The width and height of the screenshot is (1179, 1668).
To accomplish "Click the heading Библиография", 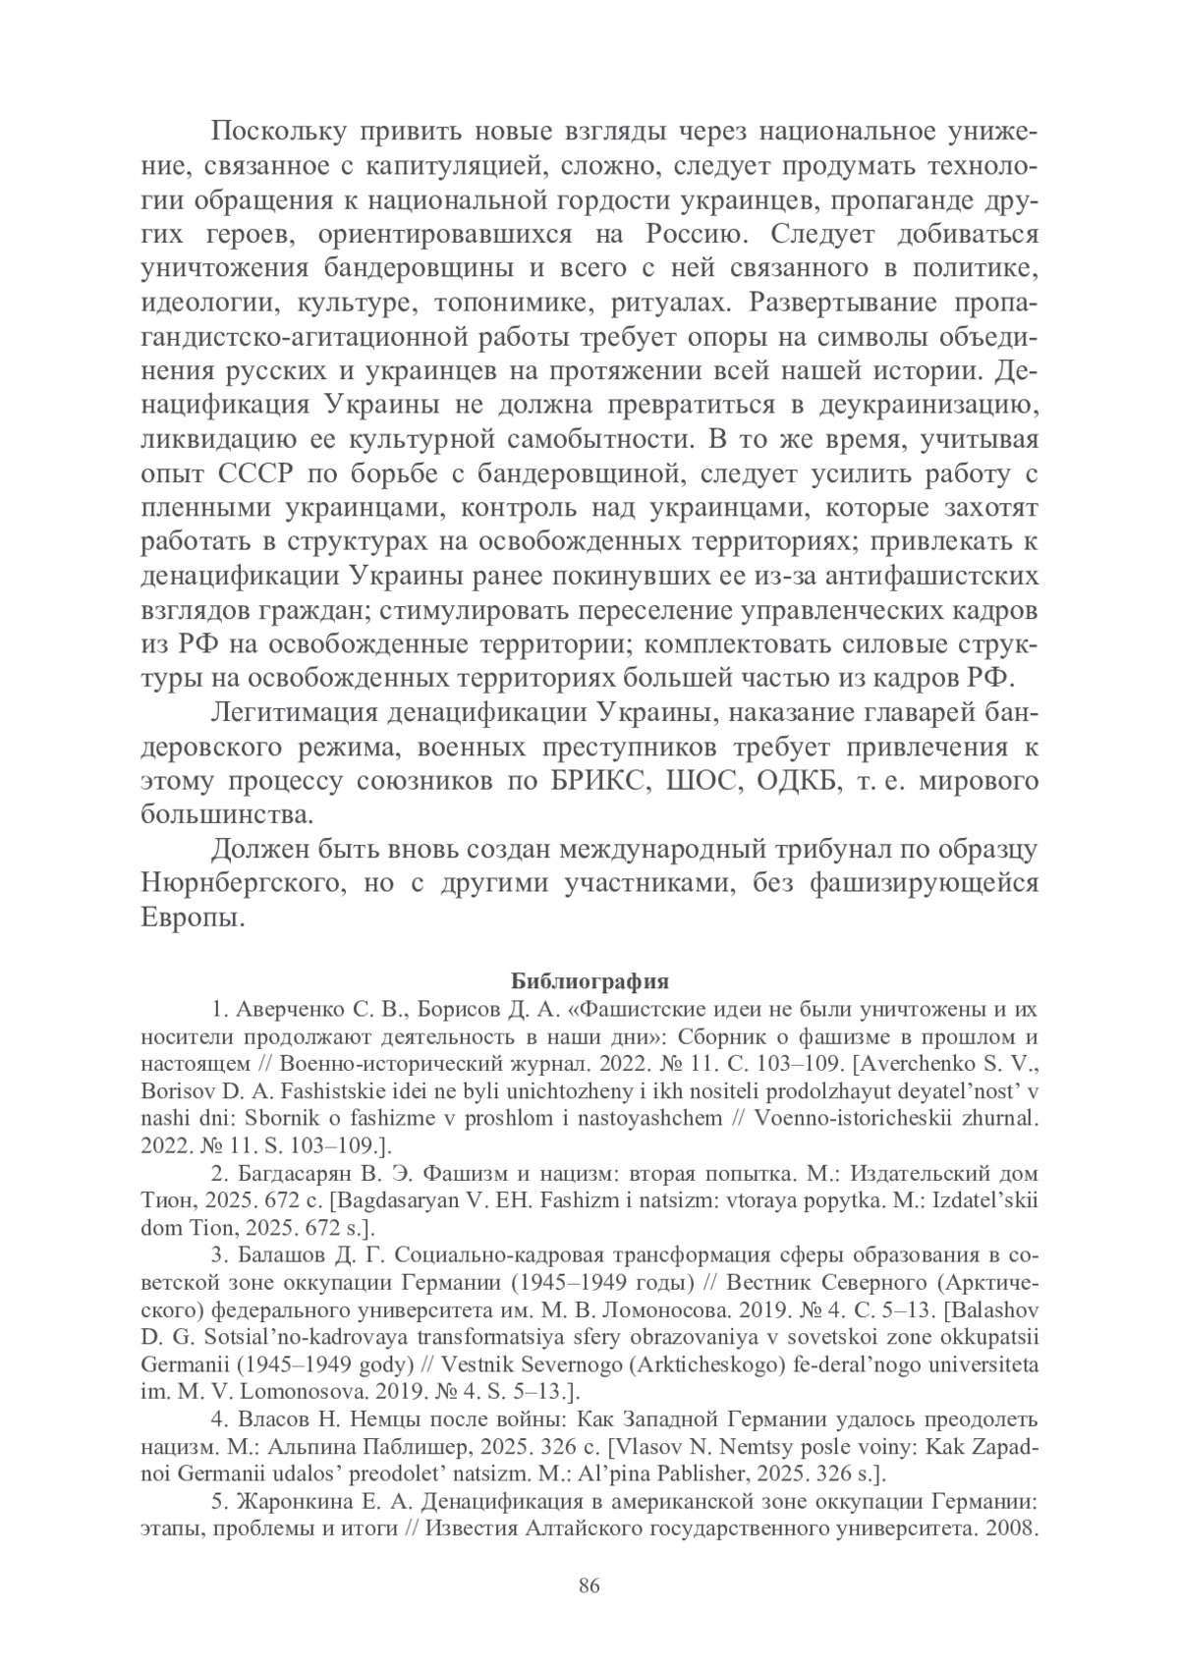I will pos(589,981).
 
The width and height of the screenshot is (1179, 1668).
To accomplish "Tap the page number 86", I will pos(589,1586).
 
